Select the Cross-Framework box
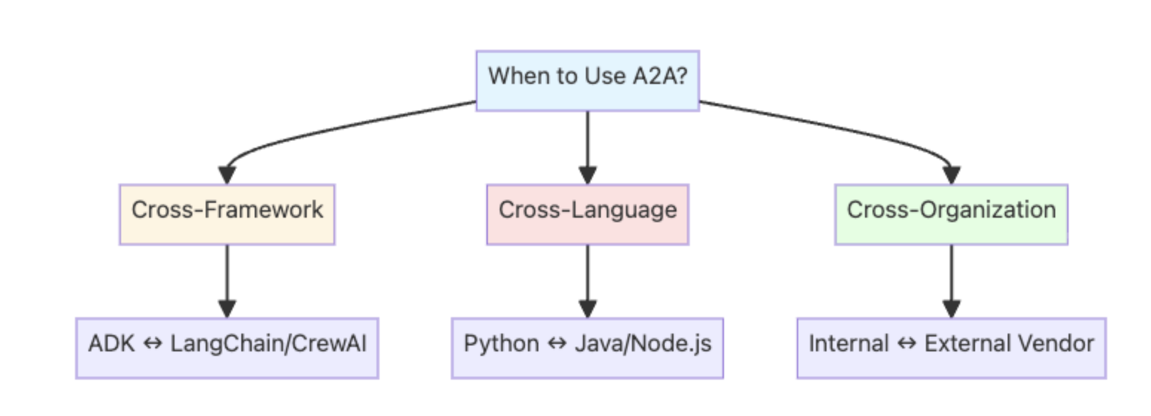227,214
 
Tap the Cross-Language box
587,214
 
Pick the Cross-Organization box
951,214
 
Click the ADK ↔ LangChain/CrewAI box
227,348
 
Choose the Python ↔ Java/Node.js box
587,348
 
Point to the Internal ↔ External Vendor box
951,348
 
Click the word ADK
107,344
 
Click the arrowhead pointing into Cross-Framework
227,175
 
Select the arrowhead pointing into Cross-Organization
951,175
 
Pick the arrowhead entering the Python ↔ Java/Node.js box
587,309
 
